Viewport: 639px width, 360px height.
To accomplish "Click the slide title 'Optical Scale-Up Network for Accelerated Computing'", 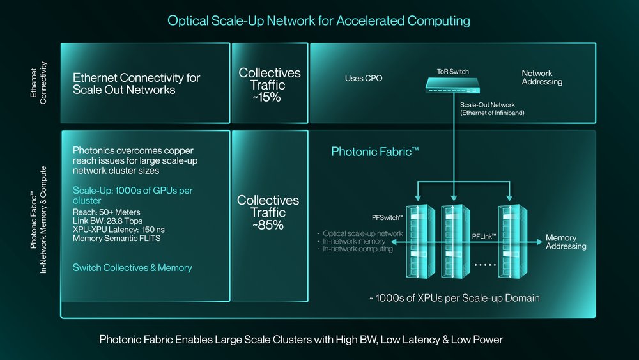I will (x=318, y=21).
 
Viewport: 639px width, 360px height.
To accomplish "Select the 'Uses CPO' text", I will (x=363, y=79).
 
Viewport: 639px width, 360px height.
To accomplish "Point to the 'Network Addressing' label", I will (x=542, y=77).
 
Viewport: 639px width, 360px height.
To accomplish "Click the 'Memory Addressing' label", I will (x=565, y=242).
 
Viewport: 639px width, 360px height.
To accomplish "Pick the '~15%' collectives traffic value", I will (x=269, y=98).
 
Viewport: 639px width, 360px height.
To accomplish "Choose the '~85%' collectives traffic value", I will (x=269, y=225).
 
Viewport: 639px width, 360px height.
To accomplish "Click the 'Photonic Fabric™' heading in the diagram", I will (x=374, y=152).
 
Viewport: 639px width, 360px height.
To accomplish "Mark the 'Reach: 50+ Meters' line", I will (x=107, y=212).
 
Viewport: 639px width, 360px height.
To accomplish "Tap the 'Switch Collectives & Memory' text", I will (x=132, y=268).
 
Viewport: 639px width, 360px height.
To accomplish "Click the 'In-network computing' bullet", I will (x=358, y=249).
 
